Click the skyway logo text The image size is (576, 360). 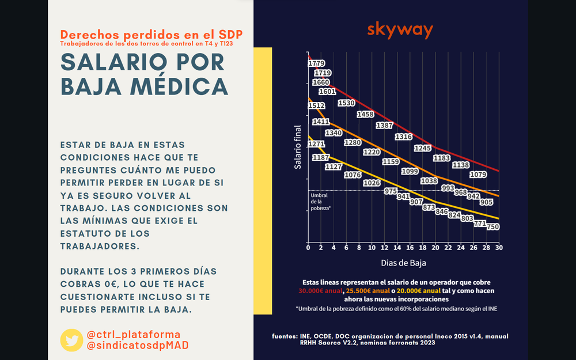tap(399, 30)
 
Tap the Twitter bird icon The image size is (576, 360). tap(71, 340)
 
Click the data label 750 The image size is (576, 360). tap(492, 228)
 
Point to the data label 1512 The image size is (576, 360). tap(316, 106)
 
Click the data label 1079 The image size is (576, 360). tap(478, 175)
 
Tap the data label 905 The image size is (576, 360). tap(486, 203)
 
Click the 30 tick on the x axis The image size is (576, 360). tap(498, 247)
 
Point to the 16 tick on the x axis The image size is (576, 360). tap(410, 247)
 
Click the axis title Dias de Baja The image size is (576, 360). tap(403, 263)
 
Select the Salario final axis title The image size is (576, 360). tap(298, 147)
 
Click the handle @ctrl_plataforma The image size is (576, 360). tap(133, 335)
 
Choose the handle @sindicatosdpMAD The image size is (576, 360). tap(138, 345)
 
